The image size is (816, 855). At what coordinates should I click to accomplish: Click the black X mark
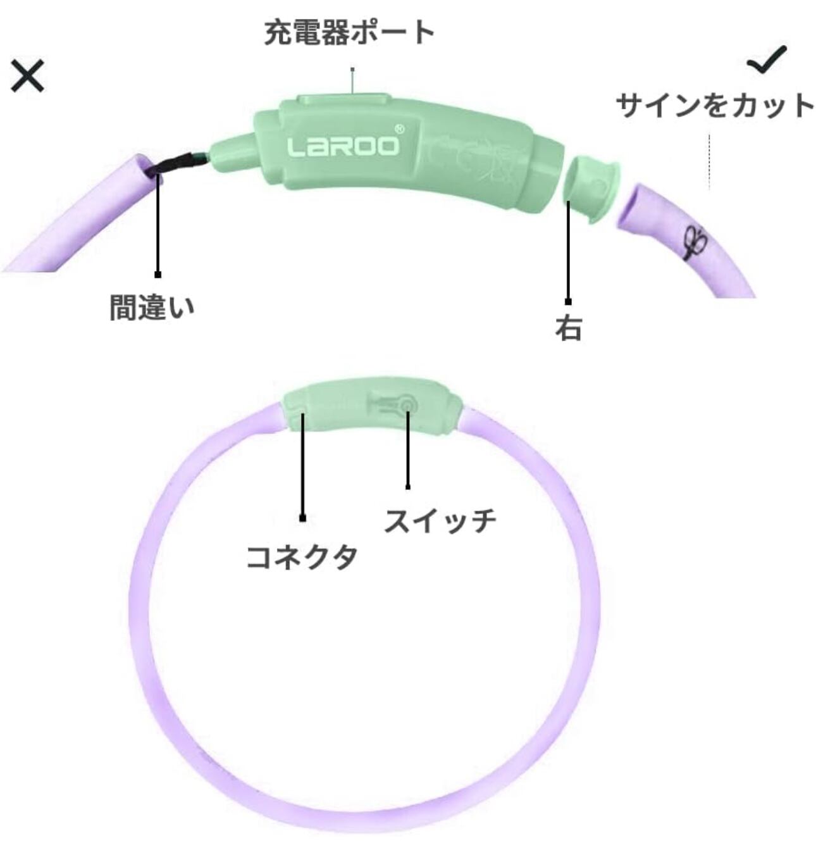click(28, 76)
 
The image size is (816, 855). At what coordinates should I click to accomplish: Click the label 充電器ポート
click(349, 33)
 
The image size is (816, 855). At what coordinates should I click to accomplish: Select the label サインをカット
click(715, 105)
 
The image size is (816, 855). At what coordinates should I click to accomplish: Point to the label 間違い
click(152, 307)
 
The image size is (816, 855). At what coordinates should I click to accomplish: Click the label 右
click(568, 328)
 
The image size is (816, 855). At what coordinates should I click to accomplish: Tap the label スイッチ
click(440, 520)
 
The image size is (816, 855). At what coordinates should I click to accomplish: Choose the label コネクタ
click(302, 557)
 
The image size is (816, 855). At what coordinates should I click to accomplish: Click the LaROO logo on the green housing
click(343, 146)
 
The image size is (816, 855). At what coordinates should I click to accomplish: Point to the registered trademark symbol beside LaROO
click(399, 128)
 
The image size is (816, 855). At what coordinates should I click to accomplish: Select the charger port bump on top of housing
click(342, 101)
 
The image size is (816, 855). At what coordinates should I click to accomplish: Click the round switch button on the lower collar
click(407, 403)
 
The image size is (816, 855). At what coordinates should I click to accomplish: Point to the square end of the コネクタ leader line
click(303, 518)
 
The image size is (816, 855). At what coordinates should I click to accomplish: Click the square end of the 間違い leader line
click(158, 275)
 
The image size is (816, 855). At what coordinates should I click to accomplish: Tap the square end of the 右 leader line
click(568, 302)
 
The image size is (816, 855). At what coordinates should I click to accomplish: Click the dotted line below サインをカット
click(709, 161)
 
